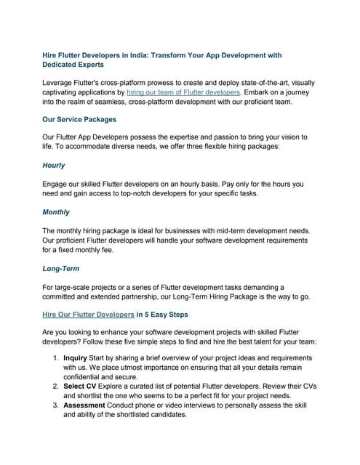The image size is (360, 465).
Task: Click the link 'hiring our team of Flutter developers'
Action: click(x=183, y=92)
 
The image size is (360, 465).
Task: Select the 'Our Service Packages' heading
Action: click(x=79, y=119)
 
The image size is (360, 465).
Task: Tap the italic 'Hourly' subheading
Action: click(x=53, y=165)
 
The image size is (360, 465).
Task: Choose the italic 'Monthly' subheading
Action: click(x=56, y=212)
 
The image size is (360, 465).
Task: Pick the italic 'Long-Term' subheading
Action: click(x=61, y=268)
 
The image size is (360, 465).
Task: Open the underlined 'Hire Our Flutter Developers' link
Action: click(x=89, y=315)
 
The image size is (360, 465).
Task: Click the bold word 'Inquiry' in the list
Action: click(x=75, y=358)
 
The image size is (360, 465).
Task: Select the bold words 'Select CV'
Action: click(x=79, y=387)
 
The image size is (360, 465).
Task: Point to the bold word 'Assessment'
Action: click(x=84, y=405)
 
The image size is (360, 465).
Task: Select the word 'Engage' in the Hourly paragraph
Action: click(x=57, y=185)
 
